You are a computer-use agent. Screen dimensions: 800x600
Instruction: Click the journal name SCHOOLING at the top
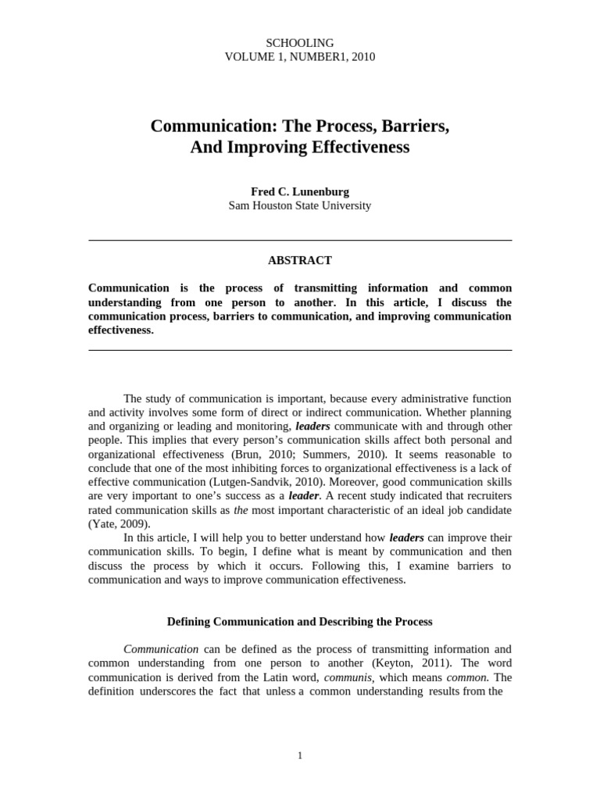point(300,43)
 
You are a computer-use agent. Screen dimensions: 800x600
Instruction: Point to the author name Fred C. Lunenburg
point(300,191)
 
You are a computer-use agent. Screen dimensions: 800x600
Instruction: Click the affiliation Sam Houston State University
point(300,206)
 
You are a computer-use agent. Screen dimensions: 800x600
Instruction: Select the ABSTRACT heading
point(300,260)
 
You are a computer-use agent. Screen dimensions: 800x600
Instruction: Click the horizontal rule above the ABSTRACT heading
point(300,240)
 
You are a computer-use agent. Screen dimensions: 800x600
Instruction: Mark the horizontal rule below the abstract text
point(300,351)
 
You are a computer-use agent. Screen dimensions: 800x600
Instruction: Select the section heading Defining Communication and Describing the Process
point(300,622)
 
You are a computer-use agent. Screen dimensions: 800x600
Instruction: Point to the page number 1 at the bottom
point(300,755)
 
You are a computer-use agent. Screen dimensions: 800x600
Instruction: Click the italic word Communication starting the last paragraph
point(161,649)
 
